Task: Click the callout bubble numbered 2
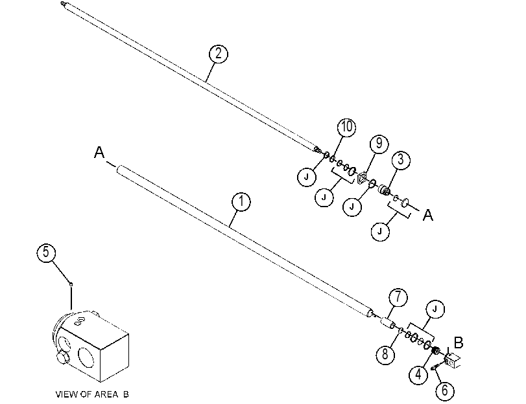click(x=219, y=54)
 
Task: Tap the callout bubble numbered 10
click(x=346, y=128)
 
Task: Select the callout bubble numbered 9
click(x=379, y=144)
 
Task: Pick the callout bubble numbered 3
click(x=401, y=160)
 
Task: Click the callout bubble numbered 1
click(x=241, y=201)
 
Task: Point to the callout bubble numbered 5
click(x=46, y=252)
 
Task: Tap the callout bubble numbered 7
click(x=398, y=297)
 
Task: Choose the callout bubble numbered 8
click(x=385, y=354)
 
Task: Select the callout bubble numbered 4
click(x=418, y=374)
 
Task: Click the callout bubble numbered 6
click(x=445, y=390)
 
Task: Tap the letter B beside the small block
click(x=459, y=343)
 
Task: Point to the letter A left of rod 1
click(x=99, y=152)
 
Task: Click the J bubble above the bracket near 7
click(x=435, y=309)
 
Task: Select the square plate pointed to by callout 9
click(x=362, y=178)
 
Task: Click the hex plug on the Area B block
click(x=63, y=358)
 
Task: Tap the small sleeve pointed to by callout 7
click(x=387, y=324)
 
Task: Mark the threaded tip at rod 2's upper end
click(x=63, y=4)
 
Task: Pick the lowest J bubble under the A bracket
click(x=380, y=232)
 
